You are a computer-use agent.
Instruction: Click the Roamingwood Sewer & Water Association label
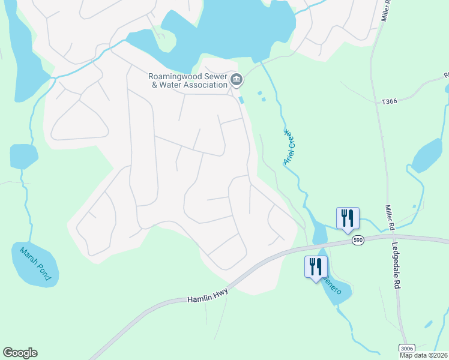(188, 80)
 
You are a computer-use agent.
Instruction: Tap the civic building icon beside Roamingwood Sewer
(237, 79)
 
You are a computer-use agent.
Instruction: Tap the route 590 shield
(358, 240)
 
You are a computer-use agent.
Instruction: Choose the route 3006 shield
(406, 349)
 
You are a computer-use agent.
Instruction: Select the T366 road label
(390, 103)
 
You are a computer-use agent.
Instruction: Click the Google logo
(20, 353)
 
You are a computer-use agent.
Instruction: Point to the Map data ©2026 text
(423, 355)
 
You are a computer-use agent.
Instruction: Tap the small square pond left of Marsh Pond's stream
(23, 156)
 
